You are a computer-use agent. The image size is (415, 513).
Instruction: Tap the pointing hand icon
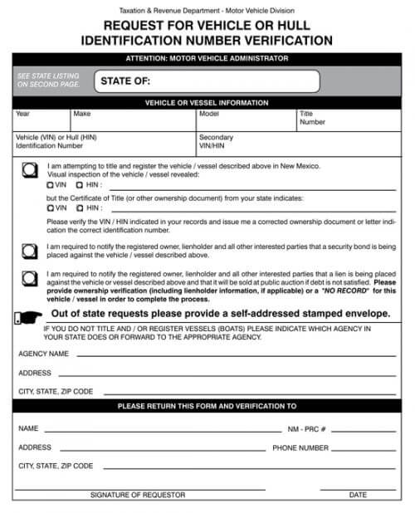pyautogui.click(x=28, y=315)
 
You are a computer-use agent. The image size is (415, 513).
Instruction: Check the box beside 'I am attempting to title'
pyautogui.click(x=30, y=169)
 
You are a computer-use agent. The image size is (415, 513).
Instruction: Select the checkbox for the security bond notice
pyautogui.click(x=30, y=250)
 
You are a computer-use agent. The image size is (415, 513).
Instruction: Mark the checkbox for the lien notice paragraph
pyautogui.click(x=30, y=277)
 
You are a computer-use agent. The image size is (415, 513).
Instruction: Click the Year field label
pyautogui.click(x=22, y=114)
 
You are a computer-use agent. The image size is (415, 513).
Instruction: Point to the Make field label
pyautogui.click(x=81, y=114)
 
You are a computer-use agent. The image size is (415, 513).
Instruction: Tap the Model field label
pyautogui.click(x=208, y=114)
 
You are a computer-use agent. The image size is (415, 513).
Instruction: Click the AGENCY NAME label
pyautogui.click(x=43, y=354)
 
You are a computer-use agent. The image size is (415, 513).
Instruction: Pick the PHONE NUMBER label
pyautogui.click(x=300, y=447)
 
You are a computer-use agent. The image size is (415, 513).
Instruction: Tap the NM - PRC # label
pyautogui.click(x=306, y=429)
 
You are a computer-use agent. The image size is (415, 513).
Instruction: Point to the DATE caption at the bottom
pyautogui.click(x=358, y=495)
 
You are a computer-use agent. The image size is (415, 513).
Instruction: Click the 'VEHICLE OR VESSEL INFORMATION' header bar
pyautogui.click(x=207, y=103)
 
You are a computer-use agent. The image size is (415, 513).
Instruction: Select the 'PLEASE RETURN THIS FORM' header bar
pyautogui.click(x=207, y=407)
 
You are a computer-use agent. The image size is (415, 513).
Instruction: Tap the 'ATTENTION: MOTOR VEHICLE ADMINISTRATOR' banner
pyautogui.click(x=207, y=59)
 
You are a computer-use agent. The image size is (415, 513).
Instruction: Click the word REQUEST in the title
pyautogui.click(x=134, y=26)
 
